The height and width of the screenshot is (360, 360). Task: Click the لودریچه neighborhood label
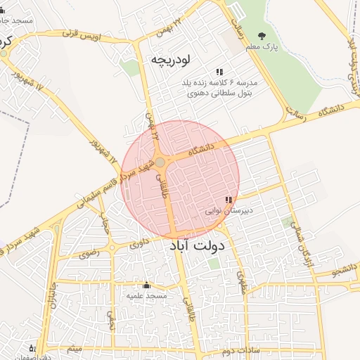click(x=171, y=60)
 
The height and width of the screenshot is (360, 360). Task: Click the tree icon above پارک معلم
click(x=263, y=36)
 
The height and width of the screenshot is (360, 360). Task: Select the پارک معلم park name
click(x=263, y=47)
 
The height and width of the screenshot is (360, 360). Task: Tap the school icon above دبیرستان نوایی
click(x=229, y=200)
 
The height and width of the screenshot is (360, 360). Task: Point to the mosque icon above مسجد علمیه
click(x=146, y=285)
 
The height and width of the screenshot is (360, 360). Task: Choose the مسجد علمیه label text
click(x=146, y=296)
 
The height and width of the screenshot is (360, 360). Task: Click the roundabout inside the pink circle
click(x=161, y=163)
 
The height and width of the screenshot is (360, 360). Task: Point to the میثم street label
click(x=75, y=348)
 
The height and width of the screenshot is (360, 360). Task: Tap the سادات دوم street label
click(x=240, y=349)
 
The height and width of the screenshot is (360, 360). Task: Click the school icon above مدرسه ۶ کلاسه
click(x=220, y=72)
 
